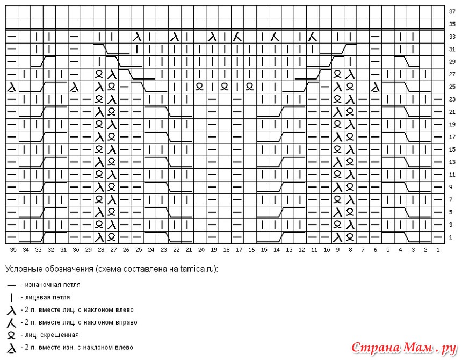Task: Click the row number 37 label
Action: [x=452, y=11]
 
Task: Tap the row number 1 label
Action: [x=451, y=237]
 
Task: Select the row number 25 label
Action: [x=452, y=87]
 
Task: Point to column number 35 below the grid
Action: [x=13, y=250]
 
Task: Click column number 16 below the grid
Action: [x=251, y=250]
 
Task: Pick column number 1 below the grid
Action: [x=438, y=250]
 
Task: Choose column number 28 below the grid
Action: [x=101, y=250]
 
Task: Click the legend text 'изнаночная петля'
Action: [x=53, y=285]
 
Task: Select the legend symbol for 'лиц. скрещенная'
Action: [x=11, y=335]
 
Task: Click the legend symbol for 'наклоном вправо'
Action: [x=11, y=323]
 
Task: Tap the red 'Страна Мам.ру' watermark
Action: [x=404, y=348]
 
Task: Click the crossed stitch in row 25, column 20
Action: [x=200, y=87]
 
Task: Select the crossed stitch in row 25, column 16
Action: [x=250, y=87]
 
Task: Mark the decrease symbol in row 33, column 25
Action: [x=137, y=37]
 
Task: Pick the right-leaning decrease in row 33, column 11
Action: [x=312, y=37]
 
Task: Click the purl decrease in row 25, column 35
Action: [x=11, y=87]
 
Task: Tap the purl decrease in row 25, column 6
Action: [x=375, y=87]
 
